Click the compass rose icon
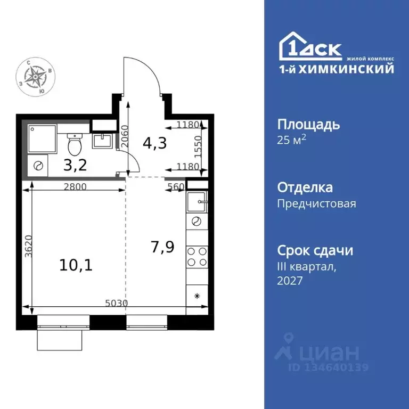coord(36,78)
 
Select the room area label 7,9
coord(162,247)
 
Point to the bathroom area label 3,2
coord(76,164)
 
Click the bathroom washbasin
coord(101,141)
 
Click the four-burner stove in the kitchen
coord(197,257)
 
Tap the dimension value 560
coord(176,187)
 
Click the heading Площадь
coord(308,125)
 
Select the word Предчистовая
coord(316,203)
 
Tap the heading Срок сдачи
coord(315,250)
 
